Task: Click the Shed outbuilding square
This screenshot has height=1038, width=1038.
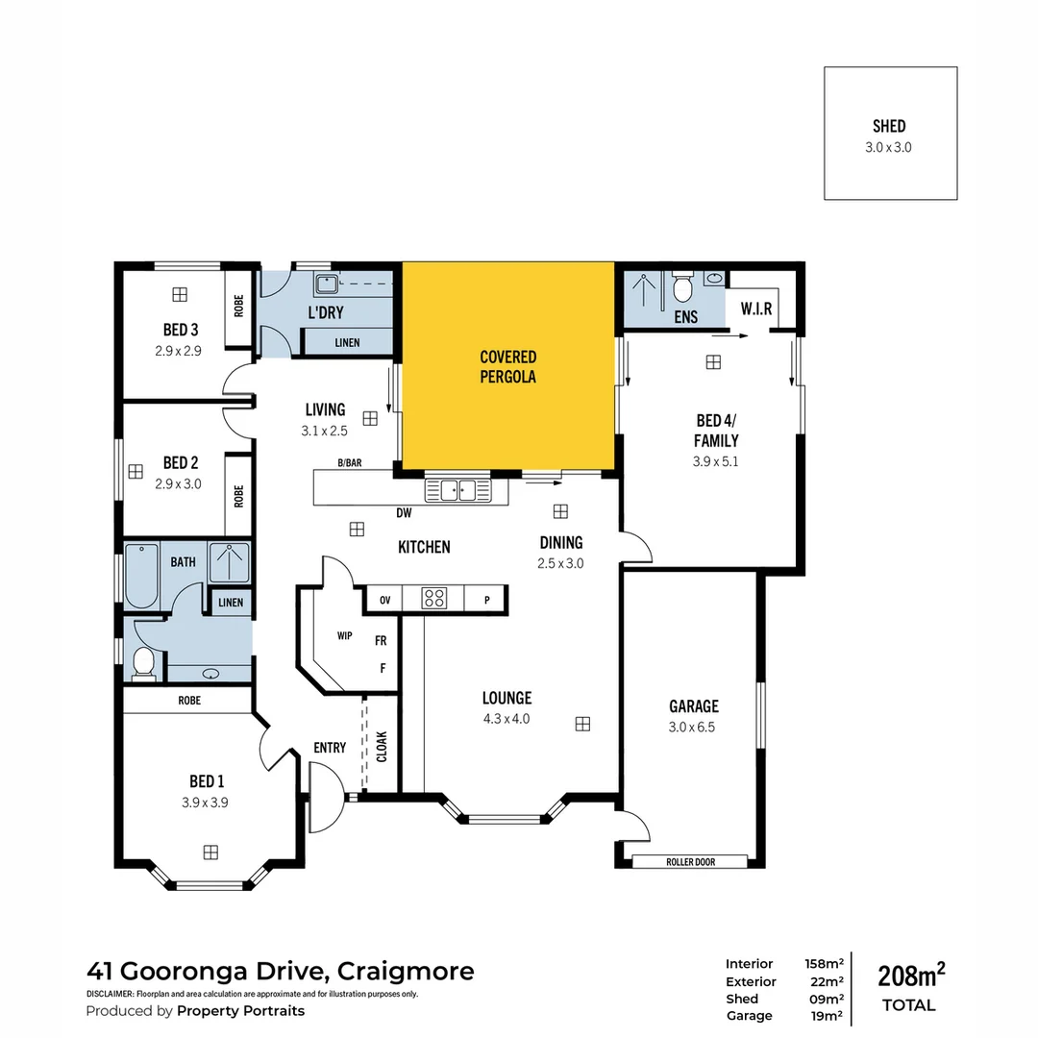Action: coord(890,134)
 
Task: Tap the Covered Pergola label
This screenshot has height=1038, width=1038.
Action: coord(507,367)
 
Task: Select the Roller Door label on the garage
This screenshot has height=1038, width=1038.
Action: coord(692,862)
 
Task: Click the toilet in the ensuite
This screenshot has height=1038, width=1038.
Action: coord(683,287)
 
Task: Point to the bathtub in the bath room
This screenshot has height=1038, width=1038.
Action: coord(141,577)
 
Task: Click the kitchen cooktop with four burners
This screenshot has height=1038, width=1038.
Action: coord(434,599)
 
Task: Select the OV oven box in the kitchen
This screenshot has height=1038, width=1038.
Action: coord(385,600)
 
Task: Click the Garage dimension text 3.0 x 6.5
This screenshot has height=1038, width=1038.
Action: coord(693,727)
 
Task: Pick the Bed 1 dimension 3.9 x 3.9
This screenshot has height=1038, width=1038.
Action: coord(205,803)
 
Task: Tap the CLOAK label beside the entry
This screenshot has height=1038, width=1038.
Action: coord(382,747)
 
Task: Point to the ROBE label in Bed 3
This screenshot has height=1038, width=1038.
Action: coord(238,306)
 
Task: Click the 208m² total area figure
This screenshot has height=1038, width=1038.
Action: coord(911,976)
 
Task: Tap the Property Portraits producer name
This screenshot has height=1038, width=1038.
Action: coord(241,1011)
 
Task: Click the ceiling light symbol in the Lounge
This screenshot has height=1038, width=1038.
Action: coord(581,724)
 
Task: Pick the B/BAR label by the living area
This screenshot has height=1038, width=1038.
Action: coord(350,463)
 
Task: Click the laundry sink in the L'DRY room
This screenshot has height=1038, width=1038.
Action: coord(326,282)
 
